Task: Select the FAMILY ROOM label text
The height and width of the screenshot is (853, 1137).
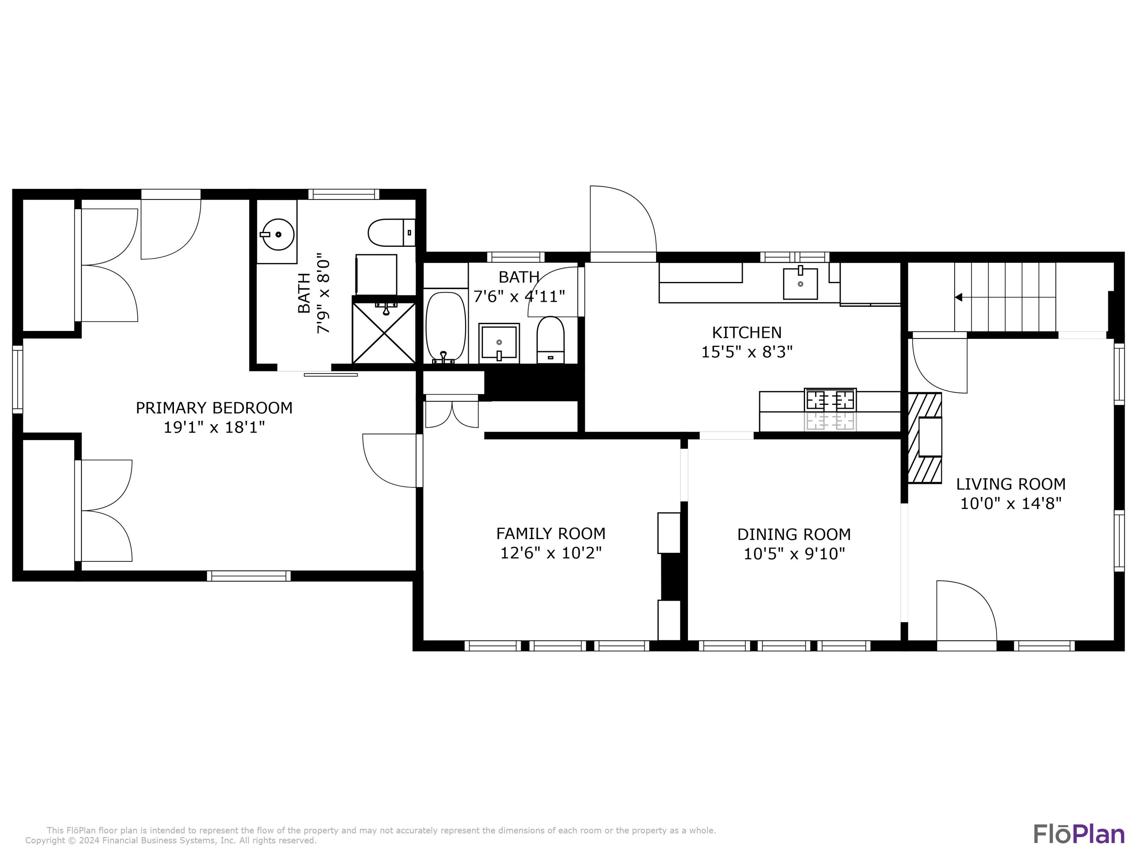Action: [x=551, y=533]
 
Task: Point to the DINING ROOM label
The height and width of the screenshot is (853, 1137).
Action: [x=794, y=534]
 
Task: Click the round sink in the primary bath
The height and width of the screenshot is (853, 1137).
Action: [x=277, y=234]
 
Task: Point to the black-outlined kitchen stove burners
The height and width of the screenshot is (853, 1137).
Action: [x=830, y=400]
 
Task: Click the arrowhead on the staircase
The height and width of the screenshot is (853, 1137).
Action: [x=958, y=297]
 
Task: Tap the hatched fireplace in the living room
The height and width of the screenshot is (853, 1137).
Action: [x=925, y=438]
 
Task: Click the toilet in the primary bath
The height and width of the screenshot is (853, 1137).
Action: [x=391, y=233]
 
